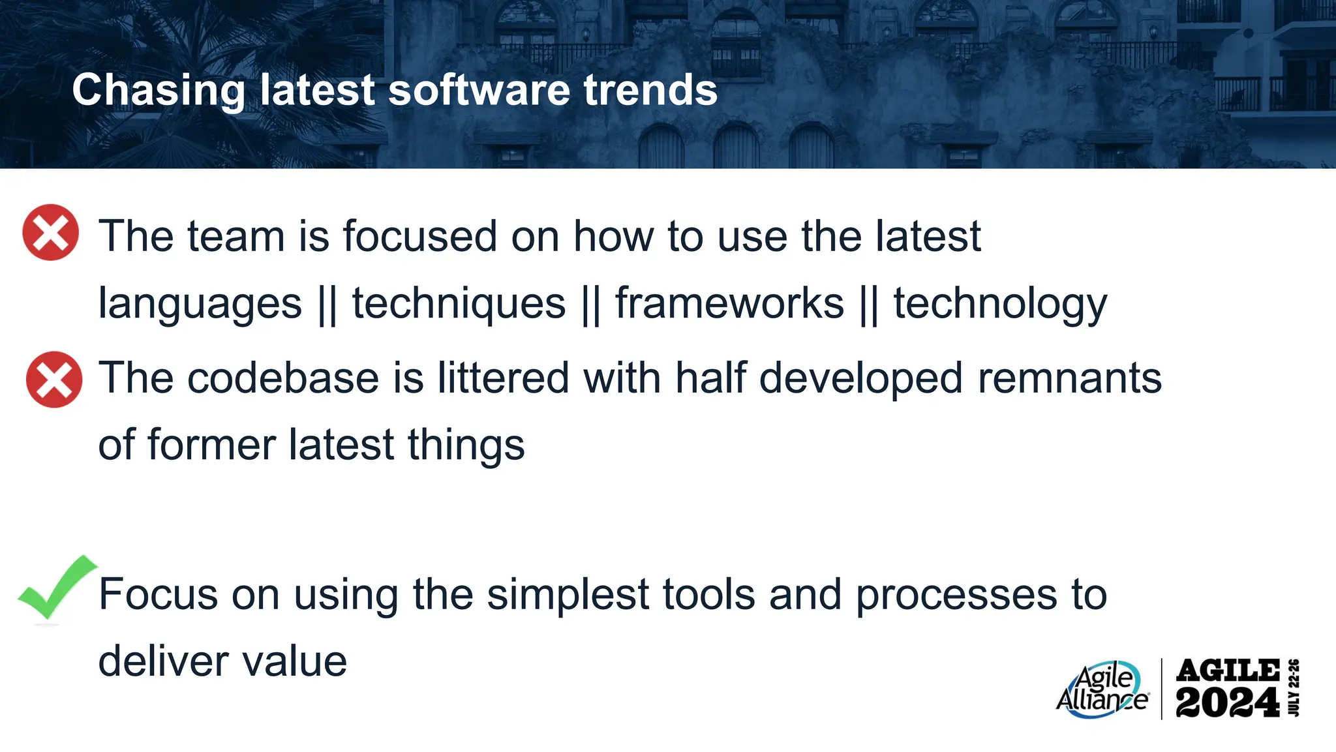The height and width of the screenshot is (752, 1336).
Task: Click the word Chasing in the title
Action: point(159,90)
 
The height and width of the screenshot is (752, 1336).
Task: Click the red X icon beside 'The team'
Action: point(50,233)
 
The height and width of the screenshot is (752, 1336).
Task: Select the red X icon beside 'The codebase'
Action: point(54,380)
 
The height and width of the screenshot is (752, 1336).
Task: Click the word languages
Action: point(200,305)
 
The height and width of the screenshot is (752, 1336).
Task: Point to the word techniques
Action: point(459,303)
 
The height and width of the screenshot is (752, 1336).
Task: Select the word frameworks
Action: point(729,303)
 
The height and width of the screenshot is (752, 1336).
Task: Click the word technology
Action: point(999,305)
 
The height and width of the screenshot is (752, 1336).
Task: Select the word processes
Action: point(956,595)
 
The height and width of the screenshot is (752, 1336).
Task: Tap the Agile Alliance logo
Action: point(1102,690)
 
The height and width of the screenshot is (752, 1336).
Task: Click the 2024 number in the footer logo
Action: point(1227,703)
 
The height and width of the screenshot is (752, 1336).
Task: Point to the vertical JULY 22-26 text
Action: point(1294,688)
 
